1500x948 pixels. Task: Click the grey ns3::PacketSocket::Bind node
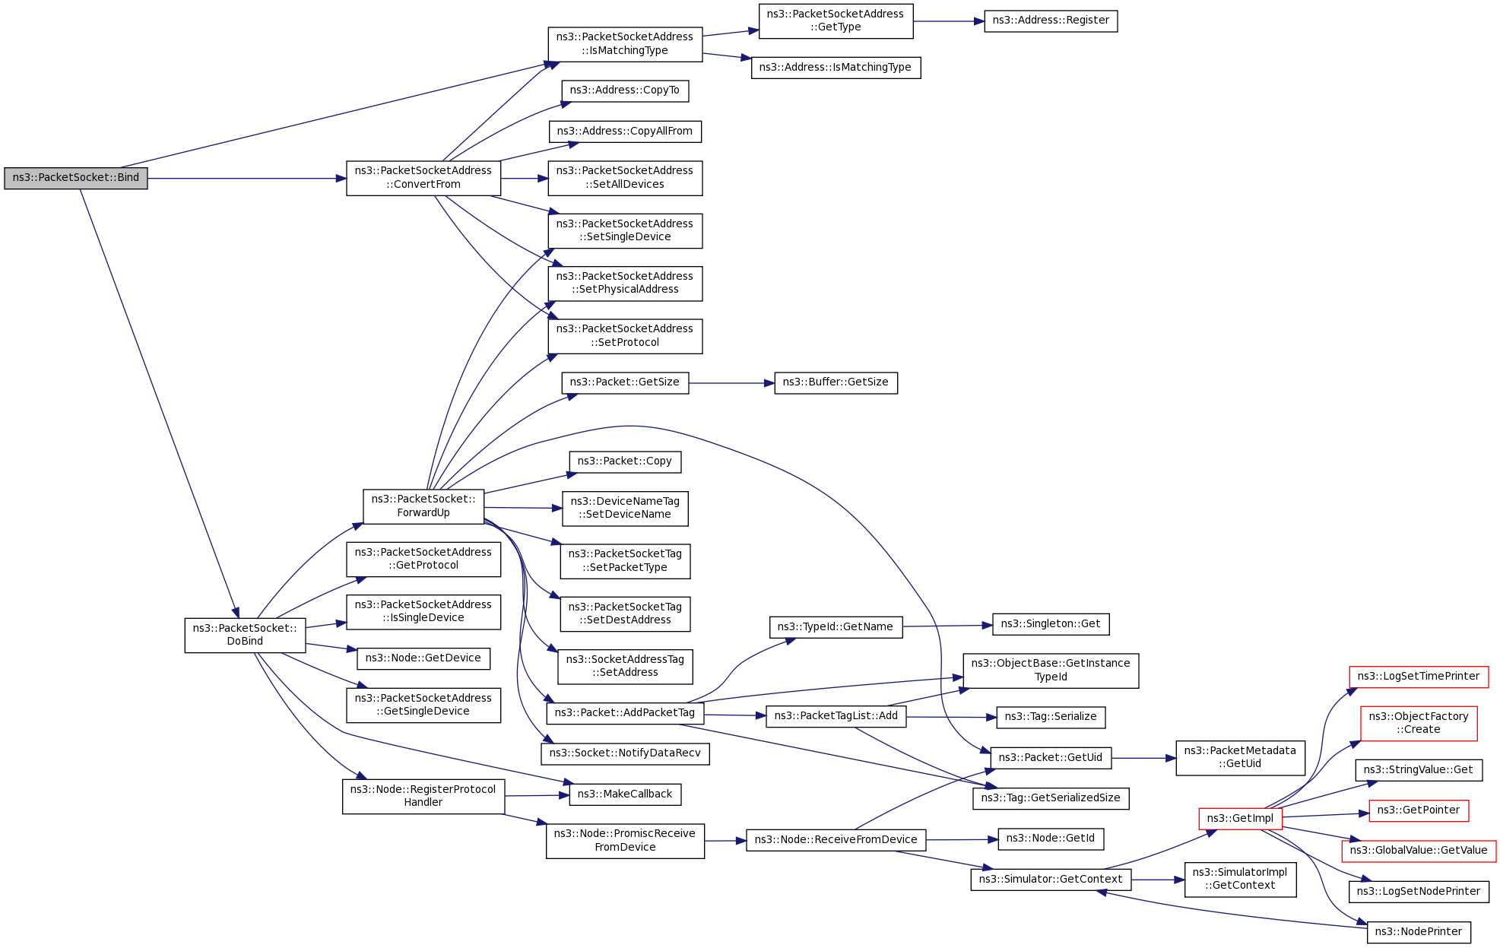tap(76, 178)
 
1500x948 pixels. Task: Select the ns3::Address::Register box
tap(1050, 21)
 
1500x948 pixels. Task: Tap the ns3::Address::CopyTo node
tap(625, 90)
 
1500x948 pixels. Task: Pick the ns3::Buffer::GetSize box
tap(836, 382)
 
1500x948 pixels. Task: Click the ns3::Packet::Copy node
tap(625, 461)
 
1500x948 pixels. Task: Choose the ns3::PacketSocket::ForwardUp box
tap(423, 506)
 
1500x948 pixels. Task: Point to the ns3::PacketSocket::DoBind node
tap(245, 635)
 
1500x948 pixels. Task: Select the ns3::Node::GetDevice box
tap(423, 658)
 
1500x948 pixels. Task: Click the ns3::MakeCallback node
tap(625, 794)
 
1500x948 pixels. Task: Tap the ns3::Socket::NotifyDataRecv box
tap(625, 753)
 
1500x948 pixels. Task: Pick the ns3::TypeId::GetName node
tap(836, 627)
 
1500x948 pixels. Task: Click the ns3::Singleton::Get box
tap(1051, 624)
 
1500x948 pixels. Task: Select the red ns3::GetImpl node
tap(1240, 819)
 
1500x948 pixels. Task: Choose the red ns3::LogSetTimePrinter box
tap(1419, 677)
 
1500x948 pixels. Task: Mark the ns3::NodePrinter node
tap(1419, 932)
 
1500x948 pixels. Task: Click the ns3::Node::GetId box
tap(1051, 839)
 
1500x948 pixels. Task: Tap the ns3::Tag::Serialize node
tap(1051, 717)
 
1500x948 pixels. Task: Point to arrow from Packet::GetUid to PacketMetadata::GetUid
tap(1143, 758)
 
